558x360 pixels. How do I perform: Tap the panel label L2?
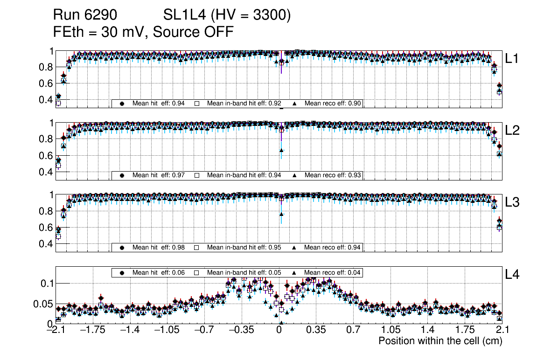pos(512,130)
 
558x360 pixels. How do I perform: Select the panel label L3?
pos(512,202)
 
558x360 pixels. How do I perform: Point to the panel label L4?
pos(512,275)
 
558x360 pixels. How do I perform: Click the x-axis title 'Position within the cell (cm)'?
pos(440,341)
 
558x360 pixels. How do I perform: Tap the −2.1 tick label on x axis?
pos(56,331)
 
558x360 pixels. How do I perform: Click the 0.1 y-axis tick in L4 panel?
pos(46,283)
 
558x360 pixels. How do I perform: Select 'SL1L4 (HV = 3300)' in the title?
pos(227,16)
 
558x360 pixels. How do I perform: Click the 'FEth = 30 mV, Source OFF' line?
pos(143,32)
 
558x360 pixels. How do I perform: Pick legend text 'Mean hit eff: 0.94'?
pos(159,104)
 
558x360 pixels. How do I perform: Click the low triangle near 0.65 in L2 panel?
pos(281,150)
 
